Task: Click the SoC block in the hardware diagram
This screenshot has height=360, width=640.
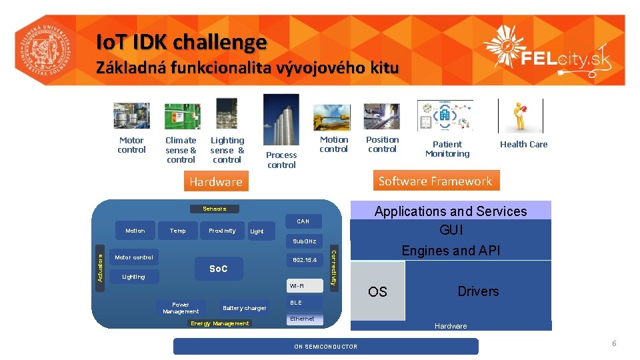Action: pos(219,269)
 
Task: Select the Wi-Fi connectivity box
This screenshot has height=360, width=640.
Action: pos(305,285)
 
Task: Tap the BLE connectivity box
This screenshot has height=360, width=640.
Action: pos(305,303)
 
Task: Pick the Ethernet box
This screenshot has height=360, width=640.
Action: pos(305,319)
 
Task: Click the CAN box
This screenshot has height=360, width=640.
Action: pos(303,221)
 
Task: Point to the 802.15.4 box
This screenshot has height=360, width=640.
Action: pos(305,259)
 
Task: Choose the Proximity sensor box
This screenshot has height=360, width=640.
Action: pos(222,231)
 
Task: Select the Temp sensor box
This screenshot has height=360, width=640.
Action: pos(178,231)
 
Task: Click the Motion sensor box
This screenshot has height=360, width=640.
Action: pos(135,231)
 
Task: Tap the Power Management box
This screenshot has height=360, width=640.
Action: pos(181,307)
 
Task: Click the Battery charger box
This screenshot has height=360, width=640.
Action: pos(244,308)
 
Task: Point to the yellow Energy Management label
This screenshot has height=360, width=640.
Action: pos(220,323)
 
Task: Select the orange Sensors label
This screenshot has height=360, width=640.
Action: pos(214,209)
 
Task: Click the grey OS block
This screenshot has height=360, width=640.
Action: pos(378,291)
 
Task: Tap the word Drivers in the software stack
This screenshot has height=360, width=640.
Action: pos(478,291)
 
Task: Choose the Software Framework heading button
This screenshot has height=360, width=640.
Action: pos(435,181)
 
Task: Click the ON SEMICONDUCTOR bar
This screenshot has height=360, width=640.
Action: pos(326,346)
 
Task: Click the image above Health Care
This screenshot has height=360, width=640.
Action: pos(520,116)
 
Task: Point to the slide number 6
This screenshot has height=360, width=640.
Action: pos(614,343)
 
